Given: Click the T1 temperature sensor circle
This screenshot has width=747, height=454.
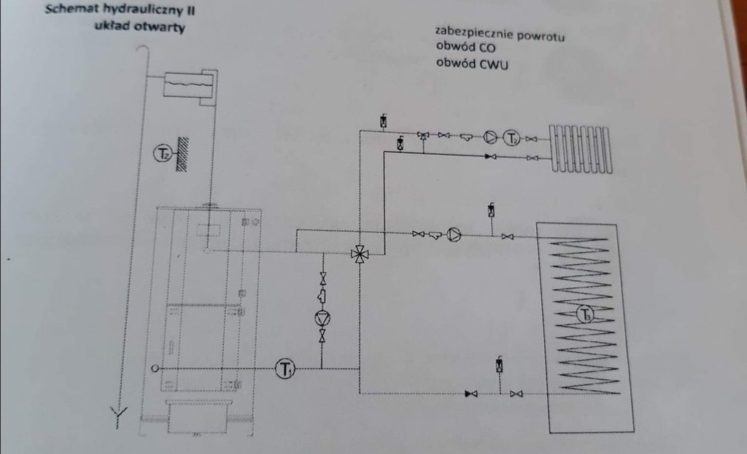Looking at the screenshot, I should [x=284, y=369].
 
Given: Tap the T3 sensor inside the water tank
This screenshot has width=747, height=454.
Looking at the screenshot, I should [x=584, y=315].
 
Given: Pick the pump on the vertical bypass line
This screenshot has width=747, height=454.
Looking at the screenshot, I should [x=322, y=318].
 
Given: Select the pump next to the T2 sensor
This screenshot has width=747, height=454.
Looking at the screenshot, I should [x=489, y=136].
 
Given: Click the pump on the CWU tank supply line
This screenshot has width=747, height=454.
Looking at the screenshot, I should [x=454, y=234].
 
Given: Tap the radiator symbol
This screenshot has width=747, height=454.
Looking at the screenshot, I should [x=581, y=149].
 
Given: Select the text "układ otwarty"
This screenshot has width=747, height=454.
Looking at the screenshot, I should [x=139, y=28].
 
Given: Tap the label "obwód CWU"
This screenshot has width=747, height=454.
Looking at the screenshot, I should [x=471, y=64].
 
